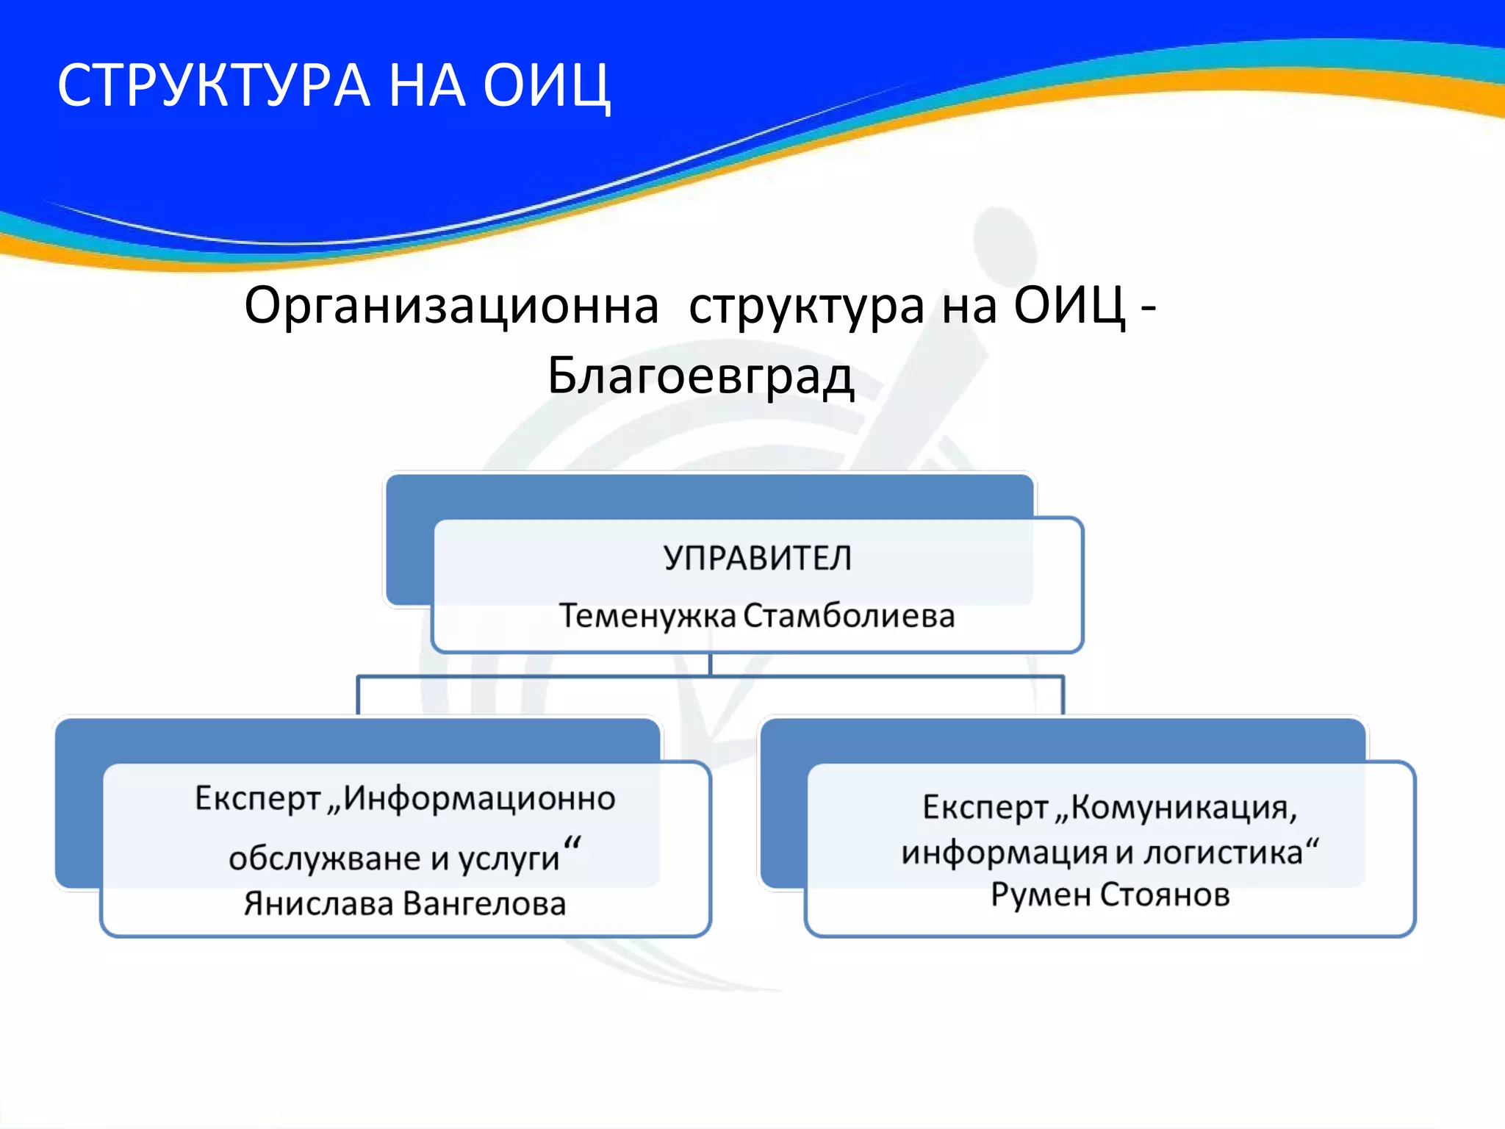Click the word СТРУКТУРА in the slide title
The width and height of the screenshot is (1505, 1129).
pos(213,86)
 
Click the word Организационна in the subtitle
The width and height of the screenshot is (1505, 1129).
pos(451,306)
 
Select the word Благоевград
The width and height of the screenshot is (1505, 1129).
pos(700,376)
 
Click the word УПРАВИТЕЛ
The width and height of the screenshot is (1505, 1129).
pos(758,558)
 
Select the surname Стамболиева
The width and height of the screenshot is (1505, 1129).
pos(849,616)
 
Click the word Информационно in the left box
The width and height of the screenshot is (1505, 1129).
pos(480,799)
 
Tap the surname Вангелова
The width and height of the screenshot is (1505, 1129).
pos(485,904)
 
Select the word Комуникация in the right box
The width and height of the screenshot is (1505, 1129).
pos(1183,808)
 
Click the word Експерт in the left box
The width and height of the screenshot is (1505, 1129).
pos(258,799)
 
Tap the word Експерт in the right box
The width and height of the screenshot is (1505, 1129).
pos(985,808)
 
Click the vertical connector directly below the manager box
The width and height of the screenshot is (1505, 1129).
pos(710,664)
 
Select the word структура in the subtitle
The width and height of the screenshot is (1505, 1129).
pos(806,306)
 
